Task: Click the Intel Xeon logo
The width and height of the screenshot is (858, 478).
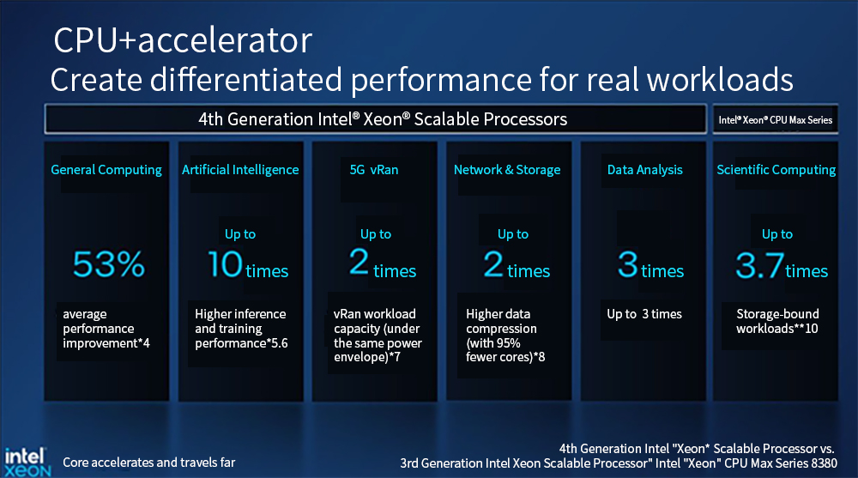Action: pyautogui.click(x=27, y=462)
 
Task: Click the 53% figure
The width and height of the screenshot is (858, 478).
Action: pyautogui.click(x=108, y=264)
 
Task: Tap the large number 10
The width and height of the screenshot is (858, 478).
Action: pyautogui.click(x=225, y=264)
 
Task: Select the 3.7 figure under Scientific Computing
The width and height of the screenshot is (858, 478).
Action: pyautogui.click(x=759, y=265)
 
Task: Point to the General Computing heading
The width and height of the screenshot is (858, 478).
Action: pyautogui.click(x=106, y=170)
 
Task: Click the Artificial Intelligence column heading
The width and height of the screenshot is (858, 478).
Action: pyautogui.click(x=240, y=170)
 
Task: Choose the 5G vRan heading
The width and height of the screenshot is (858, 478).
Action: pyautogui.click(x=374, y=170)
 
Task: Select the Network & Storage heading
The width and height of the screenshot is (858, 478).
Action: pyautogui.click(x=507, y=170)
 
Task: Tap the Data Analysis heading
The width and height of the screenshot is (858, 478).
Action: pyautogui.click(x=644, y=170)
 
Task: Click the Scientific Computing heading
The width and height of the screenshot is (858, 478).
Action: pyautogui.click(x=776, y=170)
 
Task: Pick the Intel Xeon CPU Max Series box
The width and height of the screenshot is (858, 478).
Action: pyautogui.click(x=775, y=119)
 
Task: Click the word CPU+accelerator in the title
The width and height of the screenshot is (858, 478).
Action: pyautogui.click(x=183, y=40)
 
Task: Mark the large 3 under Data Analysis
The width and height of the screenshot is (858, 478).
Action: pyautogui.click(x=628, y=264)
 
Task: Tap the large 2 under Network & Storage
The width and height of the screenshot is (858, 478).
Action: pyautogui.click(x=493, y=264)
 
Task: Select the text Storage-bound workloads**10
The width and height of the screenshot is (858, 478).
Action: pyautogui.click(x=777, y=321)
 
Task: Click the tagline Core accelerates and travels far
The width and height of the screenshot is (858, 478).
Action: pyautogui.click(x=148, y=463)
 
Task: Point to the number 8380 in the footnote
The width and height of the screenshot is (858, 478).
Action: pyautogui.click(x=824, y=463)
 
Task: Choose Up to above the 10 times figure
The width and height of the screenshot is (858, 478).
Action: pyautogui.click(x=240, y=234)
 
